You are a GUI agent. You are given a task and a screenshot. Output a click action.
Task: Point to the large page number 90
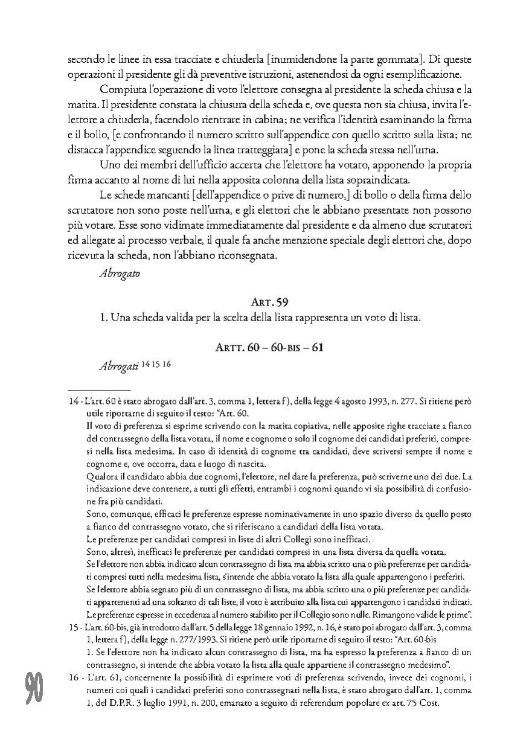tap(34, 688)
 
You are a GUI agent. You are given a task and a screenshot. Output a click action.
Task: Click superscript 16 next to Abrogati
tap(167, 363)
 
